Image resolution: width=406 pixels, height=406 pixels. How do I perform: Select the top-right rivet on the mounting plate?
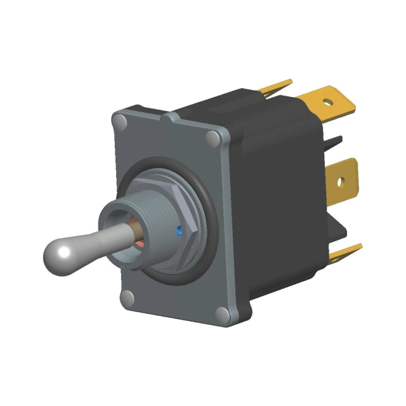214,137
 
